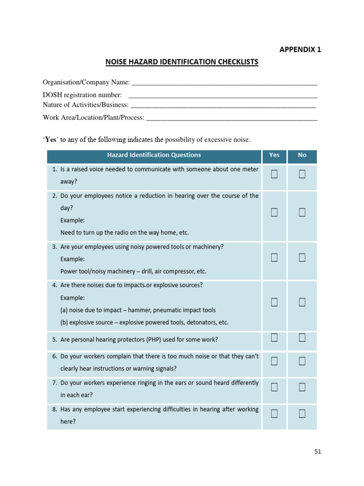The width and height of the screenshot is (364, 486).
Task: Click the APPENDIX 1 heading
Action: click(300, 49)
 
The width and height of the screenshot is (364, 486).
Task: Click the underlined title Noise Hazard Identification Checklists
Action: click(182, 62)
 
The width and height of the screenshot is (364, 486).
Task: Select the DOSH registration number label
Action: click(82, 95)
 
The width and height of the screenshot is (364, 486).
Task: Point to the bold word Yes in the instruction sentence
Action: click(50, 140)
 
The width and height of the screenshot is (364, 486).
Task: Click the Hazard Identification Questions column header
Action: click(154, 155)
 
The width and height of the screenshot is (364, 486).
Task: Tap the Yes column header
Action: click(274, 155)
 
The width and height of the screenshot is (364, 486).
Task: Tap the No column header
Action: click(302, 155)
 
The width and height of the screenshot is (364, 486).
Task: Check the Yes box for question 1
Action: click(274, 175)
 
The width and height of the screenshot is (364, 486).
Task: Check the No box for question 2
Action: click(302, 213)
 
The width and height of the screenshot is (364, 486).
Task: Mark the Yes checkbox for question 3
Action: click(274, 258)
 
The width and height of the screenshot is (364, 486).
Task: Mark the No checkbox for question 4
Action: click(302, 302)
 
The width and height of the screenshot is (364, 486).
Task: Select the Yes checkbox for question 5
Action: click(274, 337)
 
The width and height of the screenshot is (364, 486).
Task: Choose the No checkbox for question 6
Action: click(302, 362)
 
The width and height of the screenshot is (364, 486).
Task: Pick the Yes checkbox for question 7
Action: click(274, 387)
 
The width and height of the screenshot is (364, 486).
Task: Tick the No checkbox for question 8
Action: click(302, 414)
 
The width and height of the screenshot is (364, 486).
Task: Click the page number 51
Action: click(318, 452)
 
